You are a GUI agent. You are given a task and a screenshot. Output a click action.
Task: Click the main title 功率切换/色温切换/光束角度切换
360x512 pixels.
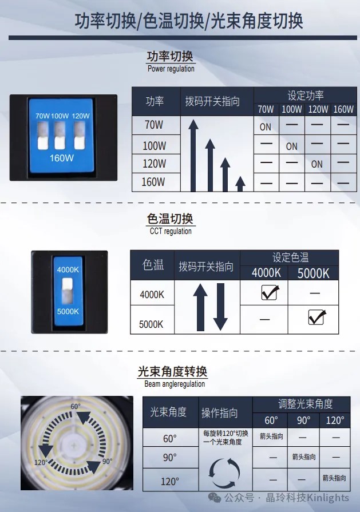coord(188,21)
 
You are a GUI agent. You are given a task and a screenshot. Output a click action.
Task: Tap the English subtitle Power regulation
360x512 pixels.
coord(171,69)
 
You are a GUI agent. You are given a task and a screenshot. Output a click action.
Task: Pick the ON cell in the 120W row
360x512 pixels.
coord(317,164)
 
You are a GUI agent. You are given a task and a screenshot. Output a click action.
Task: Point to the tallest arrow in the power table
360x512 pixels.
coord(194,154)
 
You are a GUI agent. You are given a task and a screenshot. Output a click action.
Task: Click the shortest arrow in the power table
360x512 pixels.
coord(240,184)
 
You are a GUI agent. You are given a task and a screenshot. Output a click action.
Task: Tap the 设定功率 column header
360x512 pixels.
coord(305,95)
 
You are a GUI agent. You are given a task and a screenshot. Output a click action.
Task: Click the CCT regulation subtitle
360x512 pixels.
coord(171,231)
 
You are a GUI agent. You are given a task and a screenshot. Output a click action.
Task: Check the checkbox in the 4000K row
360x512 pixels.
coord(269,293)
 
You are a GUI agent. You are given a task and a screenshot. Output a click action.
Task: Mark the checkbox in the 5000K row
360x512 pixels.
coord(317,316)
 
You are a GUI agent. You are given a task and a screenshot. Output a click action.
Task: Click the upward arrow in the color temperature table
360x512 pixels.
coord(200,306)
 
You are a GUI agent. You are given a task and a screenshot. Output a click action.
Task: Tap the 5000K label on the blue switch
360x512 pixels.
coord(68,311)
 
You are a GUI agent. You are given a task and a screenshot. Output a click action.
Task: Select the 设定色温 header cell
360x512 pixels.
coord(290,257)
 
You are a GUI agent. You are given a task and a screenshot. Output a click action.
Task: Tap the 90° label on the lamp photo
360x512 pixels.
coord(106,461)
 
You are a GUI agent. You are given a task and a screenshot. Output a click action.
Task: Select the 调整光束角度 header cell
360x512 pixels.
coord(305,404)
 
